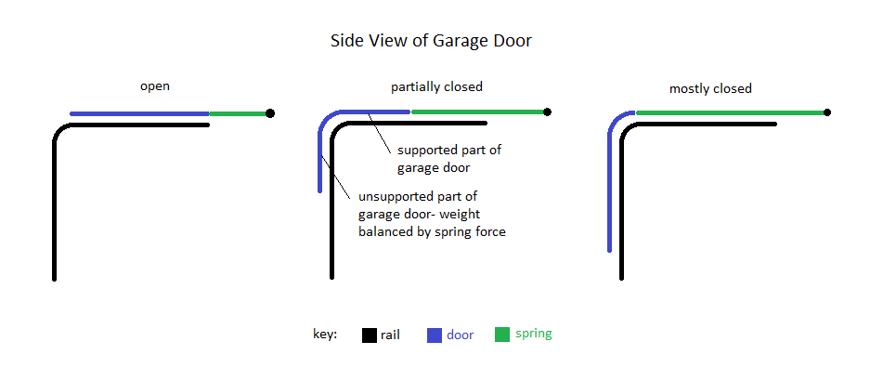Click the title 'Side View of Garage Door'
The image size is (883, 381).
point(431,41)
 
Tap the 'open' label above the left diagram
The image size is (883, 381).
point(154,86)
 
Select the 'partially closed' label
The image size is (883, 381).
point(436,86)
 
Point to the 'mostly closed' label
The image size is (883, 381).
point(710,88)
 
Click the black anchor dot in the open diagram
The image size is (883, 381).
point(270,113)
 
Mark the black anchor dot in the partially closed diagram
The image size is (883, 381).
point(548,112)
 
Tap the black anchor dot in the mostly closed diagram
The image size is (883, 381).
point(826,112)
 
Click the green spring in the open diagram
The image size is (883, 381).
point(238,113)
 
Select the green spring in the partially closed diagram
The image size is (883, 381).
point(477,112)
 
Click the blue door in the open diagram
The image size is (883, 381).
point(139,113)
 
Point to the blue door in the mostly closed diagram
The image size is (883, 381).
point(610,186)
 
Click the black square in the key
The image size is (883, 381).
point(369,335)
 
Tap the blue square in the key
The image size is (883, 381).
point(435,335)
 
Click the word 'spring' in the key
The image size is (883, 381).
point(534,335)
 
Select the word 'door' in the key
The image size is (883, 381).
point(460,335)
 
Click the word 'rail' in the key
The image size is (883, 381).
point(390,335)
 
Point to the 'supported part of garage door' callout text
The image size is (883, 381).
point(449,158)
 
